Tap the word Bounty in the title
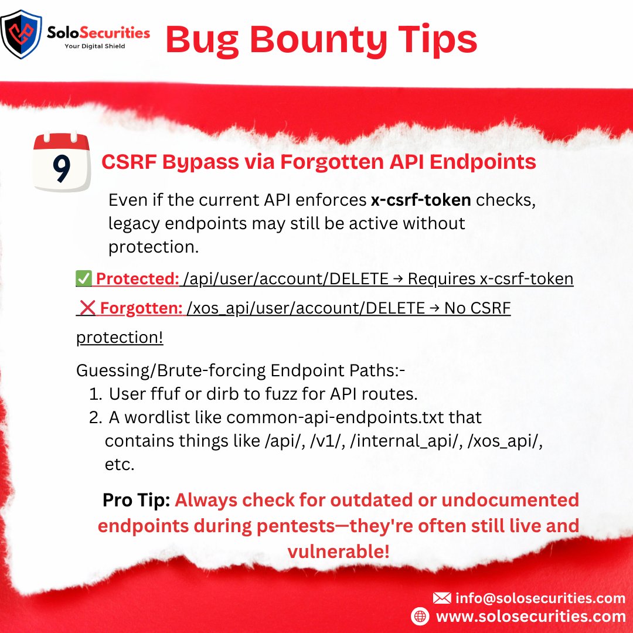[x=320, y=39]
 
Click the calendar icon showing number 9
[x=62, y=163]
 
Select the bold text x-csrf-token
[x=421, y=200]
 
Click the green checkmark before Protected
[x=83, y=279]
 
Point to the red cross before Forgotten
[x=88, y=308]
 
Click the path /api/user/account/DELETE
[x=286, y=279]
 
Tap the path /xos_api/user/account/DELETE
[x=305, y=308]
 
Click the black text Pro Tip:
[x=136, y=500]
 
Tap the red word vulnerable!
[x=338, y=551]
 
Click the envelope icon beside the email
[x=441, y=598]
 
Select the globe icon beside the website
[x=420, y=616]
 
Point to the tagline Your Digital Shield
[x=94, y=46]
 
